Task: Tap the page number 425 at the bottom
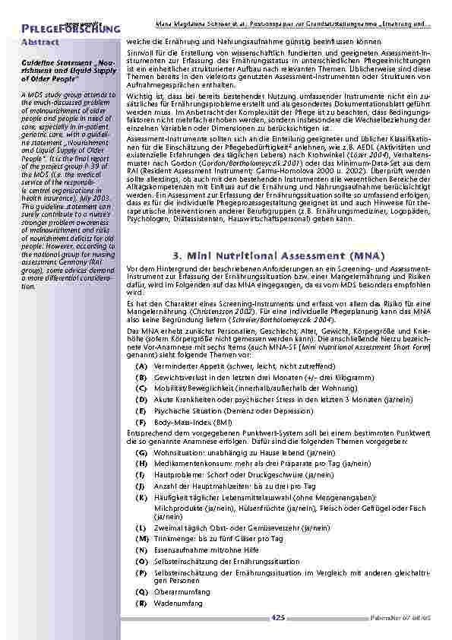pos(278,618)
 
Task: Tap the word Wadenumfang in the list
pos(179,602)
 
